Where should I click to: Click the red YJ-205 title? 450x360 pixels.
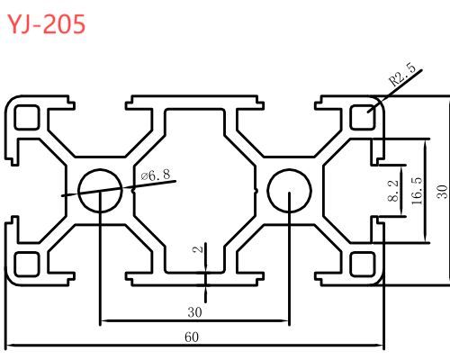46,24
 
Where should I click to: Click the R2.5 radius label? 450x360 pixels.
402,75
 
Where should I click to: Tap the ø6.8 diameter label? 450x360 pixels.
156,175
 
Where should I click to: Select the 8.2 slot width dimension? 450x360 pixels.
393,190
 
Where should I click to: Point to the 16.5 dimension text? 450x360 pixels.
417,191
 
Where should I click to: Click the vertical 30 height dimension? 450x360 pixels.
442,192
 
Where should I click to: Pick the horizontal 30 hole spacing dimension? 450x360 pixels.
195,312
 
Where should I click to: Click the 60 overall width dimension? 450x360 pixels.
192,337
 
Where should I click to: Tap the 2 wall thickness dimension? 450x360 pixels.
198,248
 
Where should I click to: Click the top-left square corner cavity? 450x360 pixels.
27,117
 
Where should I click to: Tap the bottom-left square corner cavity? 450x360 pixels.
27,264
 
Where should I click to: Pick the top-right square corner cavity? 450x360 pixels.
363,117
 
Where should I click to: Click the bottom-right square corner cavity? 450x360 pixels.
363,264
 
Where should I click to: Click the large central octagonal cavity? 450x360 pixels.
194,191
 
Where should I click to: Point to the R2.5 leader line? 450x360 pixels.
395,91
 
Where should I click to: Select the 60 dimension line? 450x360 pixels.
194,346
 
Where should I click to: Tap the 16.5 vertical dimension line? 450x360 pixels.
426,191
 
